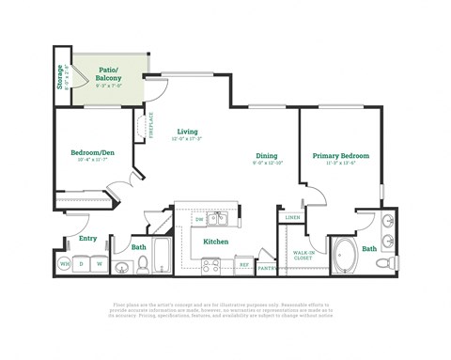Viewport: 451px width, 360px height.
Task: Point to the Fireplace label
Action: click(150, 126)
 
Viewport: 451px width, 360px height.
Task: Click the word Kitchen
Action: click(216, 242)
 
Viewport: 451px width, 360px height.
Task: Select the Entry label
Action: click(87, 239)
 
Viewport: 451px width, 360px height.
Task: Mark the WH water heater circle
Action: click(66, 264)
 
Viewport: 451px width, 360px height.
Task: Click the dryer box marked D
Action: click(82, 264)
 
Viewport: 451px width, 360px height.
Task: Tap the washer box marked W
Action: click(98, 264)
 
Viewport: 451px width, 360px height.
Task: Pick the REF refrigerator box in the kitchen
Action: click(244, 264)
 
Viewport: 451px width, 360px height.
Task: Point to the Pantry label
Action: click(267, 268)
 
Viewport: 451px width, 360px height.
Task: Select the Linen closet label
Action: click(291, 218)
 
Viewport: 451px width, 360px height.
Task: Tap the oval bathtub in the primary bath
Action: click(344, 255)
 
